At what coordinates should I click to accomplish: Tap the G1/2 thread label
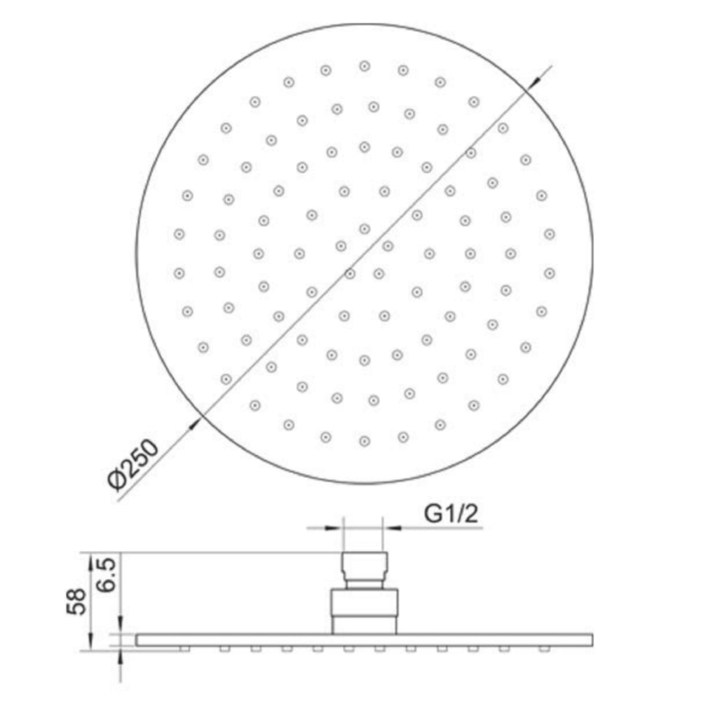pos(451,515)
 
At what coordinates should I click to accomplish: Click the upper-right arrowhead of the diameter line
pos(533,83)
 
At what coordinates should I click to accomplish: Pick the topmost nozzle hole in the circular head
pos(364,65)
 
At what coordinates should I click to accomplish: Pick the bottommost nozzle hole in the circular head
pos(364,440)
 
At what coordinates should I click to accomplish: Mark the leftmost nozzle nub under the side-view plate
pos(184,648)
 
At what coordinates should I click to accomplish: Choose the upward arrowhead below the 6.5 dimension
pos(121,656)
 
